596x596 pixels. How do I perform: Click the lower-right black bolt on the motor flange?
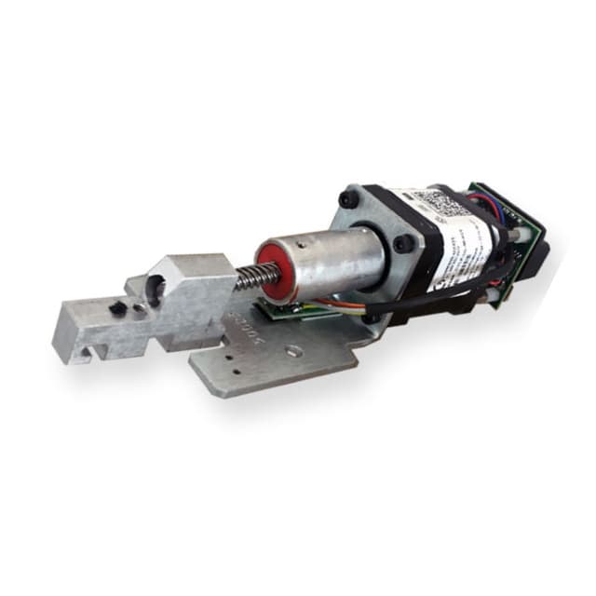coord(402,244)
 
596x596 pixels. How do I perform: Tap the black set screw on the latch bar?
coord(116,308)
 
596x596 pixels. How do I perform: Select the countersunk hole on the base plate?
coord(294,352)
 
